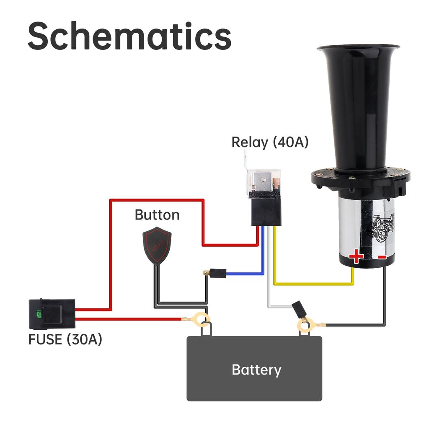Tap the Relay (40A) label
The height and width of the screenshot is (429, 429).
[x=270, y=142]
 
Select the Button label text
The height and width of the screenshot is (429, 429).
[x=157, y=215]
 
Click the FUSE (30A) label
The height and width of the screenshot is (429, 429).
[x=65, y=339]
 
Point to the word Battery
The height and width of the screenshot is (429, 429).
[x=256, y=370]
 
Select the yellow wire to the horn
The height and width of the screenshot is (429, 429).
[x=314, y=284]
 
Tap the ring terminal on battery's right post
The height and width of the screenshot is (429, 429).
[x=305, y=324]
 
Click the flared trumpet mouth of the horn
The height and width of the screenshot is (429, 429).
[x=358, y=48]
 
